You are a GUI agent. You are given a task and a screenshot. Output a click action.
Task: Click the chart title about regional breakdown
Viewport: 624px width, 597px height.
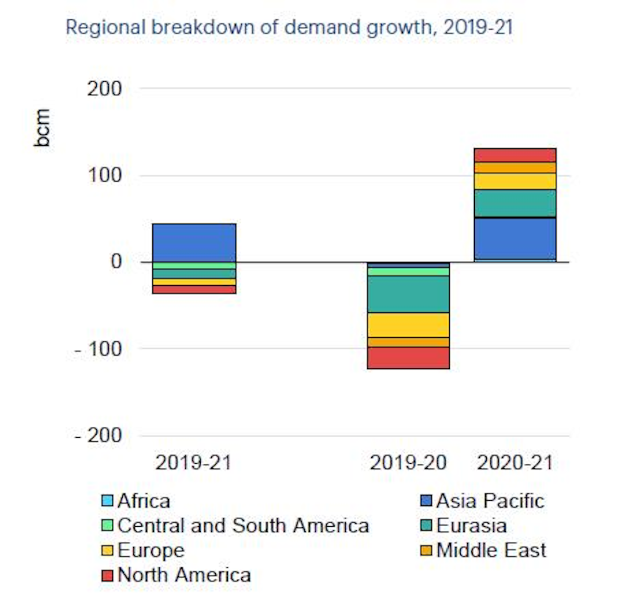(x=289, y=27)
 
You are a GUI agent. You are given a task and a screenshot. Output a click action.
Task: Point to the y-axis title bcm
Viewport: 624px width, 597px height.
(x=42, y=128)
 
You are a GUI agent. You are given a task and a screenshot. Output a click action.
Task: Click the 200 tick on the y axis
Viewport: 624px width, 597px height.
(x=104, y=88)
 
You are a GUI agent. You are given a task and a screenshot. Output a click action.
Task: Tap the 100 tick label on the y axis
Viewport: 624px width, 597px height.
(x=104, y=175)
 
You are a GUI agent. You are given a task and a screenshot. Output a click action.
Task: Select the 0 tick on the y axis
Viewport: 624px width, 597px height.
(x=116, y=261)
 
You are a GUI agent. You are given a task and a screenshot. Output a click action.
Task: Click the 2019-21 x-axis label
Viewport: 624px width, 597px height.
(x=193, y=462)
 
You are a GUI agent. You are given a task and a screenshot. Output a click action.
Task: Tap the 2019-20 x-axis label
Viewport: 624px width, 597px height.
(x=408, y=462)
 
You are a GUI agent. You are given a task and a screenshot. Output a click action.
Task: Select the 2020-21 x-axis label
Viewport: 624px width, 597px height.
(x=515, y=462)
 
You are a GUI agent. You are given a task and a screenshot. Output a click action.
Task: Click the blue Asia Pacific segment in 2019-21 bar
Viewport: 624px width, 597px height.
(x=194, y=243)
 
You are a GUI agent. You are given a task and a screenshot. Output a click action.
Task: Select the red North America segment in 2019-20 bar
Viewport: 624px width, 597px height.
(x=408, y=358)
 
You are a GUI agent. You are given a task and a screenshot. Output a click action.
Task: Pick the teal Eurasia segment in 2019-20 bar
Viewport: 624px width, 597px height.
(x=408, y=294)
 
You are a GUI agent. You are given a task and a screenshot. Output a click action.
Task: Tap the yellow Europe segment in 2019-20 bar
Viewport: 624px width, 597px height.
(x=408, y=325)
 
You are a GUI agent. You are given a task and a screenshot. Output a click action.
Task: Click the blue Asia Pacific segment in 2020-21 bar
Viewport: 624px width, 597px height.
(x=515, y=238)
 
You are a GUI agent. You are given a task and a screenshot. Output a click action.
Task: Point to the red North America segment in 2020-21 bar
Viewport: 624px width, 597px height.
(x=515, y=155)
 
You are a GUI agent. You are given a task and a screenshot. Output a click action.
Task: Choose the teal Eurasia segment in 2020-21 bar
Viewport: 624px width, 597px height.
(x=515, y=203)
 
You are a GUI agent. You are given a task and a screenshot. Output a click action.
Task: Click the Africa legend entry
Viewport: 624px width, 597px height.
(x=136, y=501)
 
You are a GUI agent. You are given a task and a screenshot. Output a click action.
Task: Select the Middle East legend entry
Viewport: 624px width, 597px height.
(x=483, y=550)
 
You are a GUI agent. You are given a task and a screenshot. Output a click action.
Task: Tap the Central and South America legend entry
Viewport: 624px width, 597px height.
(x=235, y=526)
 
